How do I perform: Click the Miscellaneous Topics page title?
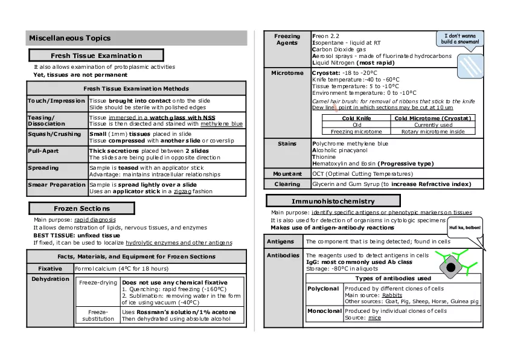(70, 38)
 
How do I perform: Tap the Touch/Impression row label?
(57, 101)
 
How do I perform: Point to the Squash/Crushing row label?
(54, 134)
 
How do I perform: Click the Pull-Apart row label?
(43, 150)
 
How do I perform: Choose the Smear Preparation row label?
(57, 184)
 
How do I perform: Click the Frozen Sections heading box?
(82, 208)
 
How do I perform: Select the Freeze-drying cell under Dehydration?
(97, 282)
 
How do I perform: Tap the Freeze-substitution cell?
(98, 315)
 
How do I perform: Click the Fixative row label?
(50, 268)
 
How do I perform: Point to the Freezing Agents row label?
(287, 40)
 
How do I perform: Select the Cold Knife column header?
(356, 118)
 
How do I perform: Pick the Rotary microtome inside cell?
(434, 131)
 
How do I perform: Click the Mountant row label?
(287, 173)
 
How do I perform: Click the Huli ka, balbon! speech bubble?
(464, 228)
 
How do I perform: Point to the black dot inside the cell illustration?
(451, 268)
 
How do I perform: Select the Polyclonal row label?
(323, 289)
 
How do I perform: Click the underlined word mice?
(374, 318)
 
